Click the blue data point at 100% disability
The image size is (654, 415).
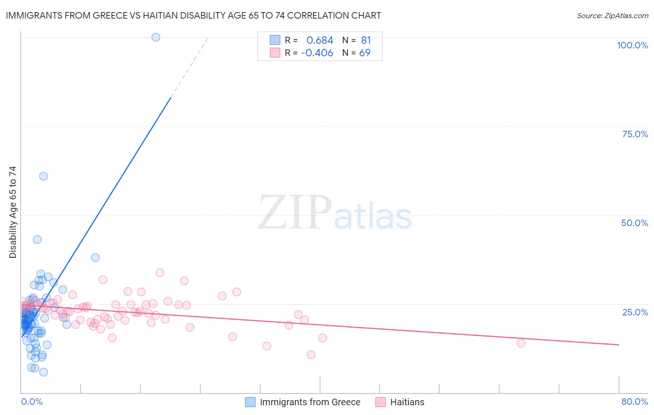156,37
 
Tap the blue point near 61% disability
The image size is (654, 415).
44,176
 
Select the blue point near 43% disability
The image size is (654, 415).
37,240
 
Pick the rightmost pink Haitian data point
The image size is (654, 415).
521,343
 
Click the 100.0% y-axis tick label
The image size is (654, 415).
632,45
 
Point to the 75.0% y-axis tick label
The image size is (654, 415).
635,134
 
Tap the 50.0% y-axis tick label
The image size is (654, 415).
634,223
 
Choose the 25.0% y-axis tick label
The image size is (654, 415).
635,312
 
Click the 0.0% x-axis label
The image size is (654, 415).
32,402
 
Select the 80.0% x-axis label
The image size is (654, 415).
634,402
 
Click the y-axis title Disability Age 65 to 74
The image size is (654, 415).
13,212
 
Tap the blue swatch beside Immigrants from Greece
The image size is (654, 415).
250,402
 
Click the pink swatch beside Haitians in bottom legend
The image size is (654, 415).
380,402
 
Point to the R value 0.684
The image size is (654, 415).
320,40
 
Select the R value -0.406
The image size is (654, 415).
317,53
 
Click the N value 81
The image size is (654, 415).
366,40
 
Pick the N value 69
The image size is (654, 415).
365,53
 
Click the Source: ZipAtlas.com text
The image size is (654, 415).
613,16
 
